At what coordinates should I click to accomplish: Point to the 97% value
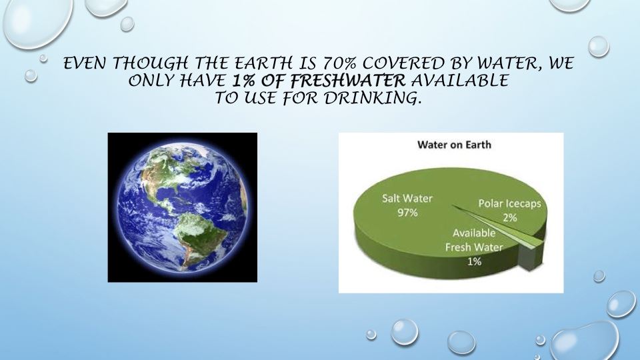(407, 213)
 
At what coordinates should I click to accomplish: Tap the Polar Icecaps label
(509, 203)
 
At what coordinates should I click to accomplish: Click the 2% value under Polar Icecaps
(510, 217)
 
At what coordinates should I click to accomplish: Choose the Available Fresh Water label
(474, 240)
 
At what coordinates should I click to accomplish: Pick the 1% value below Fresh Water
(474, 261)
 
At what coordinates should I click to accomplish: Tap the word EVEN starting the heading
(85, 65)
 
